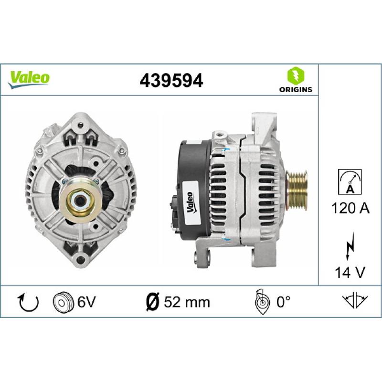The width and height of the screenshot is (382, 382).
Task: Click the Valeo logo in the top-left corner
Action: click(29, 79)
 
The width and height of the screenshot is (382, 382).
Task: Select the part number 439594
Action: click(171, 80)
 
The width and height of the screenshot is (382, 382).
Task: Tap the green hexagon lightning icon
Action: click(296, 76)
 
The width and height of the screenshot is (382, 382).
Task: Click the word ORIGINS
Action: click(296, 89)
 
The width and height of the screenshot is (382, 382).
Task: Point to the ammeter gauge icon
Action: click(350, 182)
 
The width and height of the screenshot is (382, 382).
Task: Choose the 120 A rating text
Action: click(350, 208)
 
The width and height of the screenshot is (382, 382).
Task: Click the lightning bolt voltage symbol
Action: click(350, 246)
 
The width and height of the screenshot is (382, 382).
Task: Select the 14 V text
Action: click(350, 272)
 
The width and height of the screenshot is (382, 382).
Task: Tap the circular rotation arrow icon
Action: click(29, 303)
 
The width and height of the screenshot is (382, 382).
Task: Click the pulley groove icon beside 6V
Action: click(63, 302)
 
